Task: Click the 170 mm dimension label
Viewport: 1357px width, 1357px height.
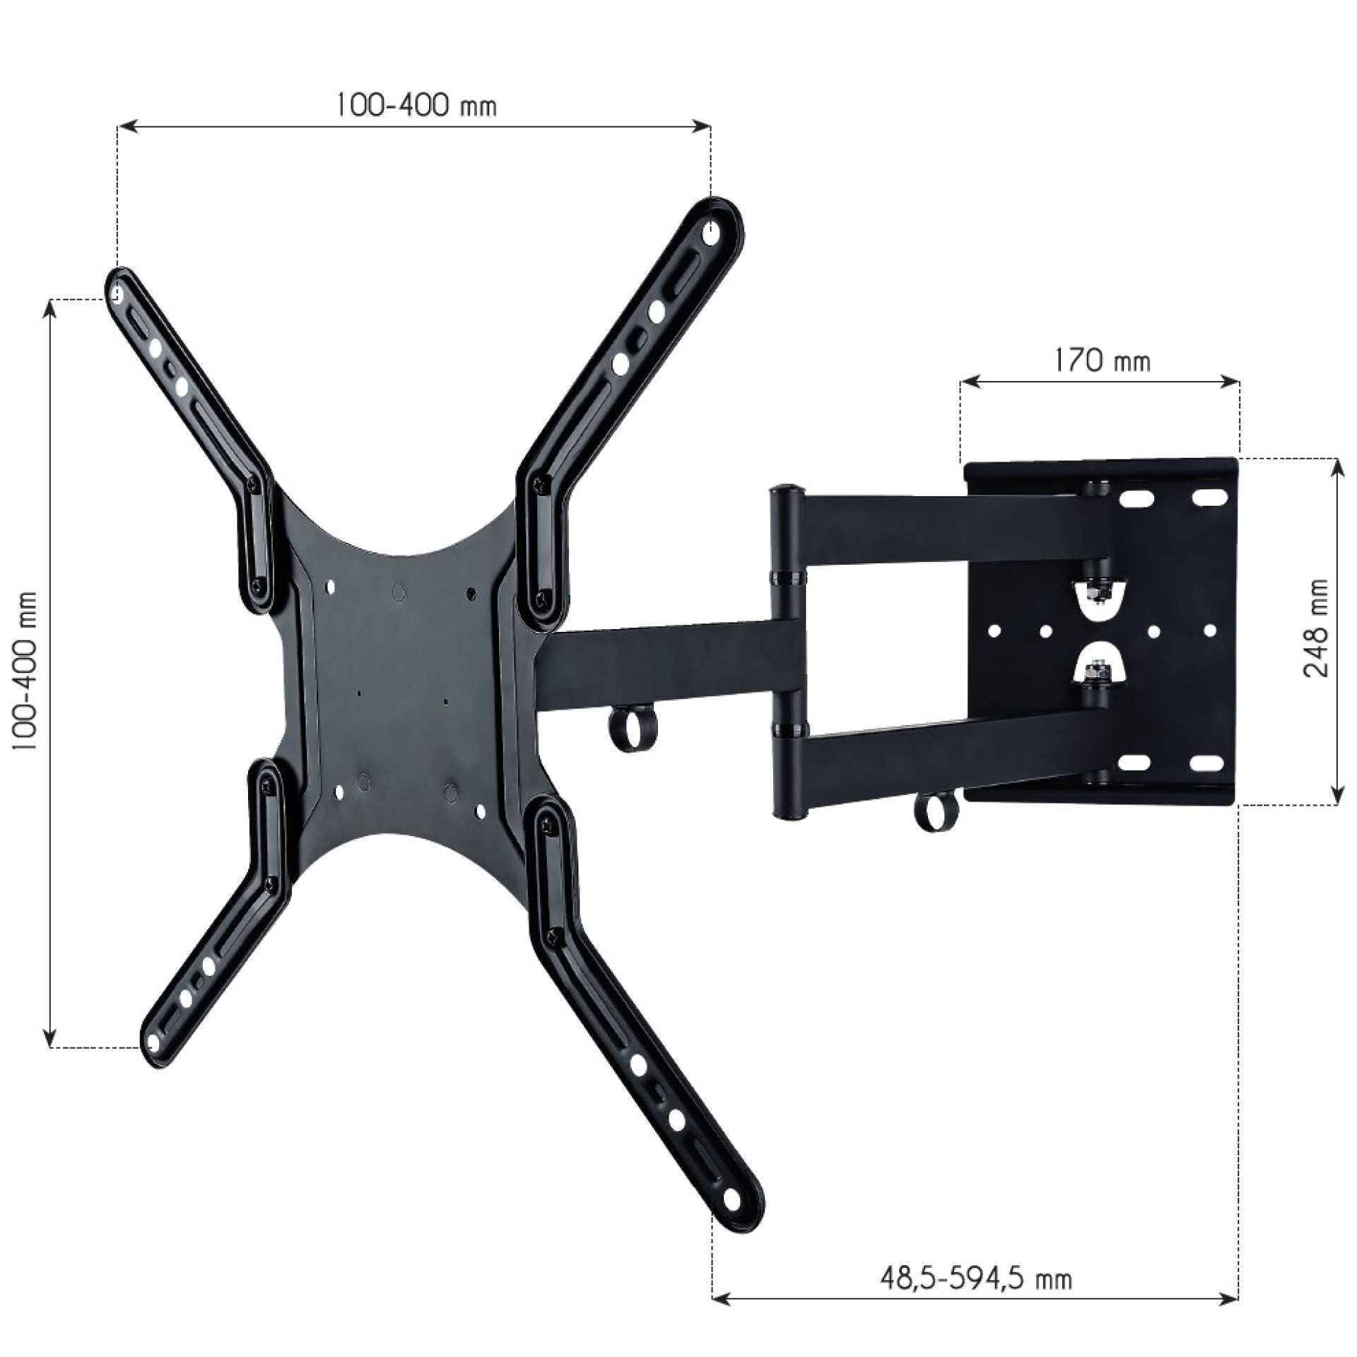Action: pos(1102,361)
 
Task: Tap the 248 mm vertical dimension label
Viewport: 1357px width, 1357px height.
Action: pos(1315,628)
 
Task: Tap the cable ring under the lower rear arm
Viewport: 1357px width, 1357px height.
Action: pos(937,812)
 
